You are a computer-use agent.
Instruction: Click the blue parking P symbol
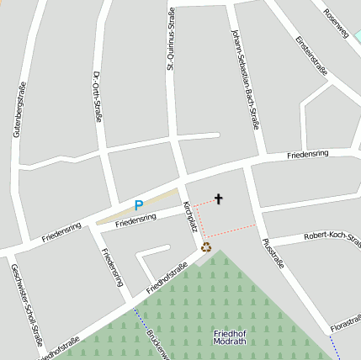139,204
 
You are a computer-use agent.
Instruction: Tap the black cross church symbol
219,199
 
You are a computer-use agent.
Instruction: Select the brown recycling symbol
206,247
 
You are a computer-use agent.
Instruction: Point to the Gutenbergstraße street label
18,109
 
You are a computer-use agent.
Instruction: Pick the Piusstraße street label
273,252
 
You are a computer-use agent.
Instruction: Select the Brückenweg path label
157,343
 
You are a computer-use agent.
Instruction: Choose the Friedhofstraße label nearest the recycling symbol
167,278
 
